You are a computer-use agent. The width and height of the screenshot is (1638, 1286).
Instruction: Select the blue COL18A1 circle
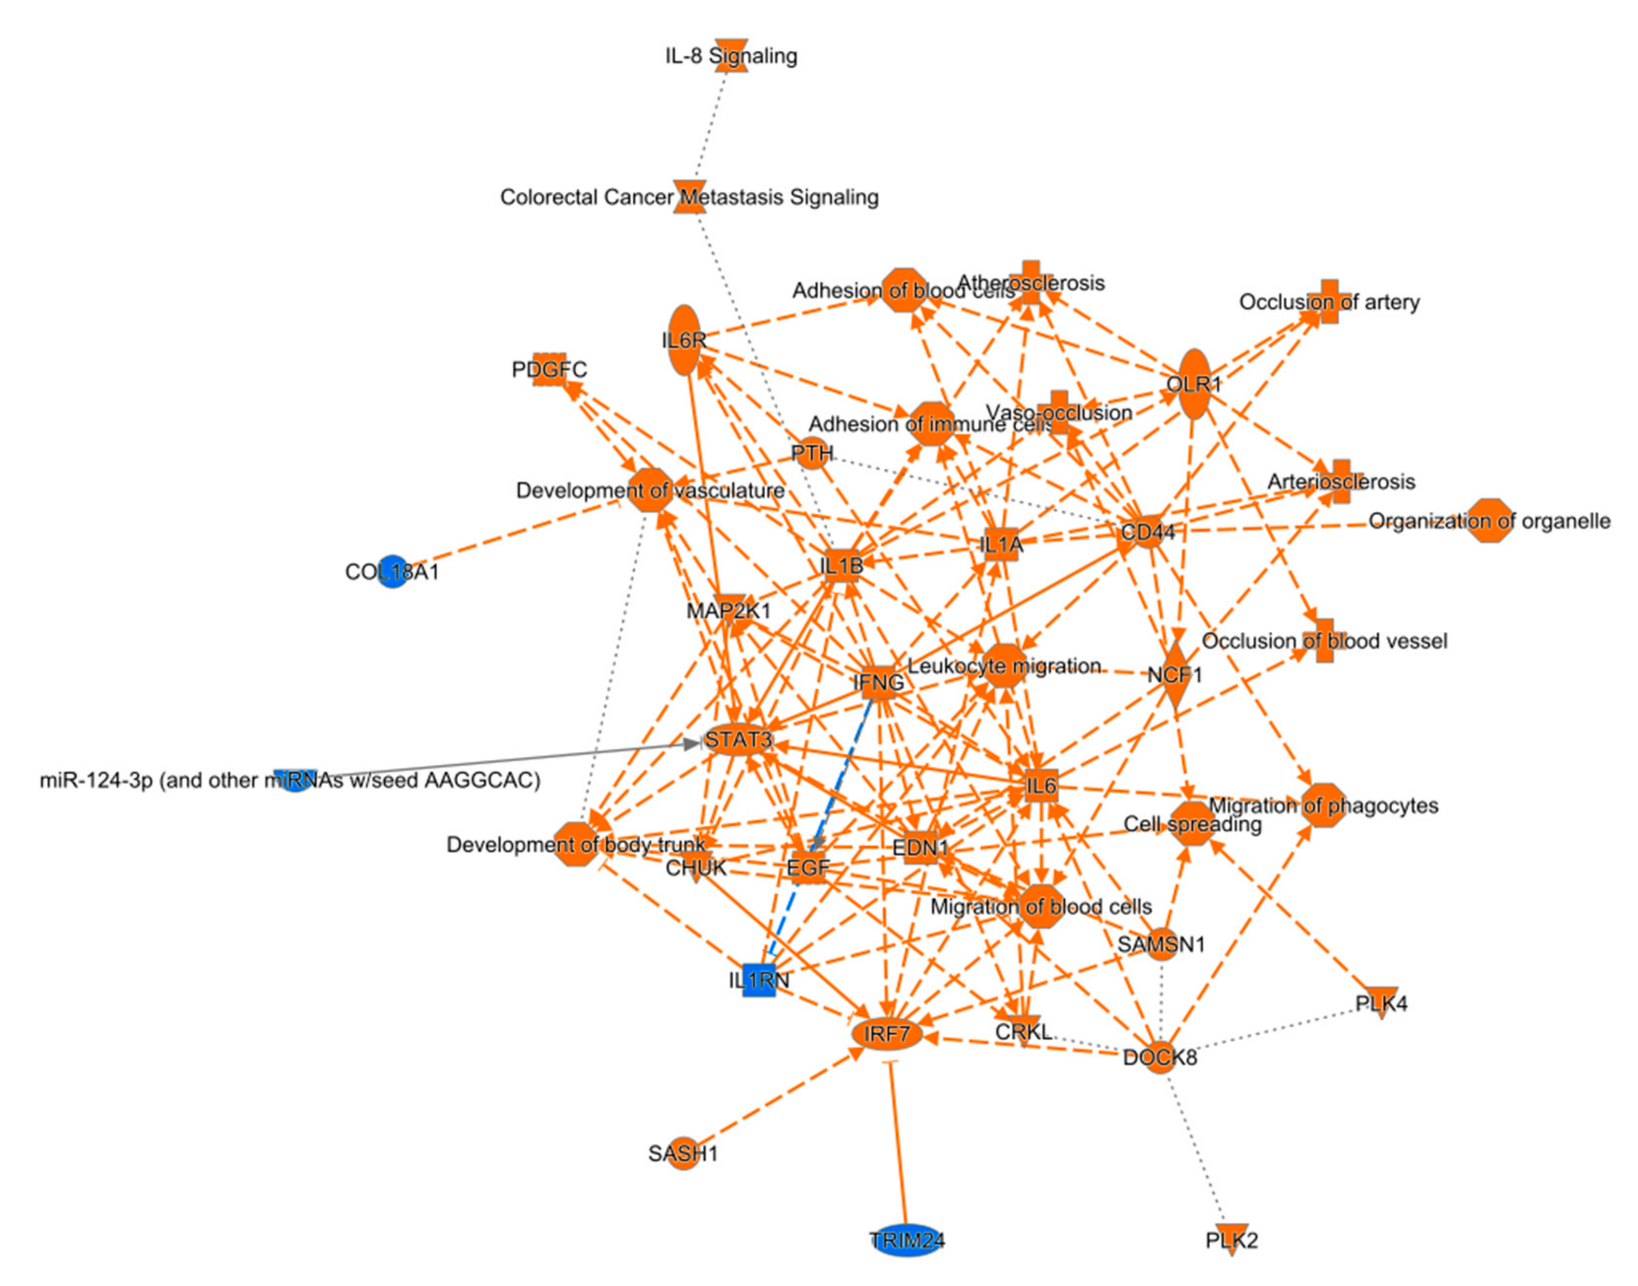point(392,572)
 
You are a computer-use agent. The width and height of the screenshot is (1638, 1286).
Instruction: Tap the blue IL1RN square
point(759,980)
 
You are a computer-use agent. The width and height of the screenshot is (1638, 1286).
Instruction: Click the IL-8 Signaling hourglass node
point(731,56)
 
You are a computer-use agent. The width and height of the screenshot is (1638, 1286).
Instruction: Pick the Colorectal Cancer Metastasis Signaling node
point(690,196)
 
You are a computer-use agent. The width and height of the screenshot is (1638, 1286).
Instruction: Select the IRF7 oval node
point(887,1034)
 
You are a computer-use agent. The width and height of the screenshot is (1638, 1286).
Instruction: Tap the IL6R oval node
point(684,340)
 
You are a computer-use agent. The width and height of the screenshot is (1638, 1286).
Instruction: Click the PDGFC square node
point(549,369)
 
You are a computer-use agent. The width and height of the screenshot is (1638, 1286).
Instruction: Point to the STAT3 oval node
point(738,739)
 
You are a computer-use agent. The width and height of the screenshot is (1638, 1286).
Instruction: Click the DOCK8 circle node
point(1160,1057)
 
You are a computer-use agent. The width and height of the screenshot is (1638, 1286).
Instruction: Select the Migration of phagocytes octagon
point(1323,805)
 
